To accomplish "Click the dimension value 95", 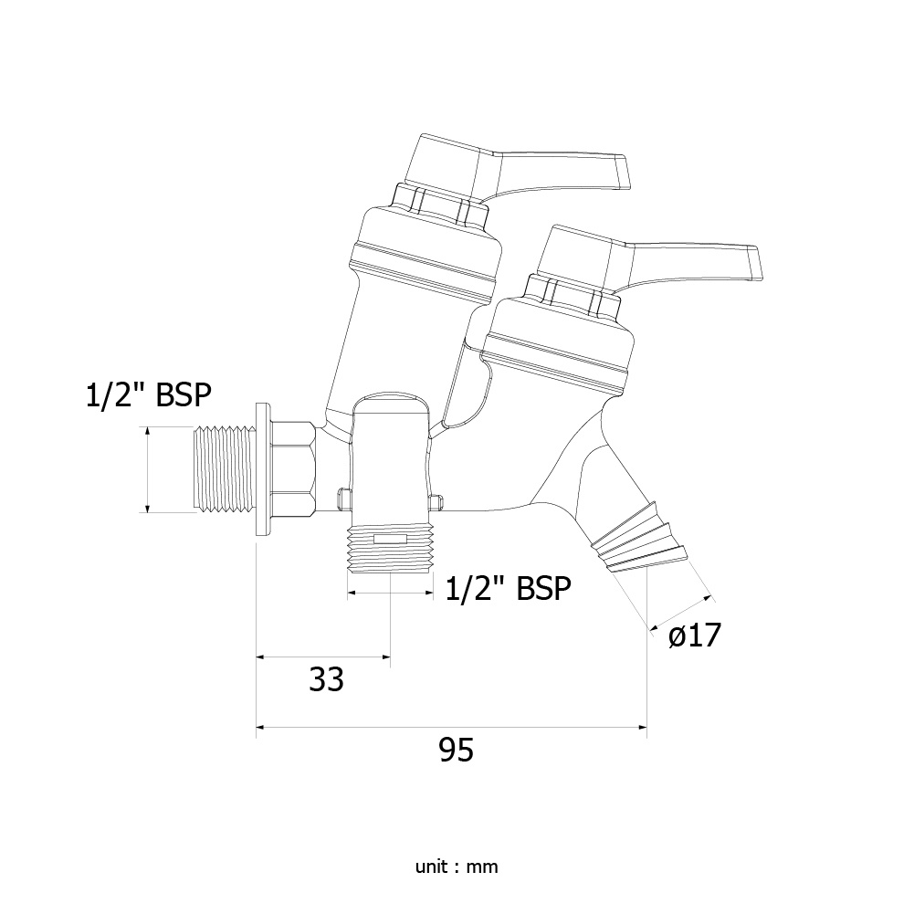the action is pos(456,750).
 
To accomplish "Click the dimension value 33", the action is pos(327,678).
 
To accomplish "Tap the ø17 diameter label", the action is pos(694,635).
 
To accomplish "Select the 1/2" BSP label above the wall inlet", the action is pos(148,395).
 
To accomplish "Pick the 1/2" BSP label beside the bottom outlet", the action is pos(508,588).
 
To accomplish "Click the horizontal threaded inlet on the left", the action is pos(224,470).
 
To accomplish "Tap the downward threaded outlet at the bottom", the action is pos(390,548).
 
